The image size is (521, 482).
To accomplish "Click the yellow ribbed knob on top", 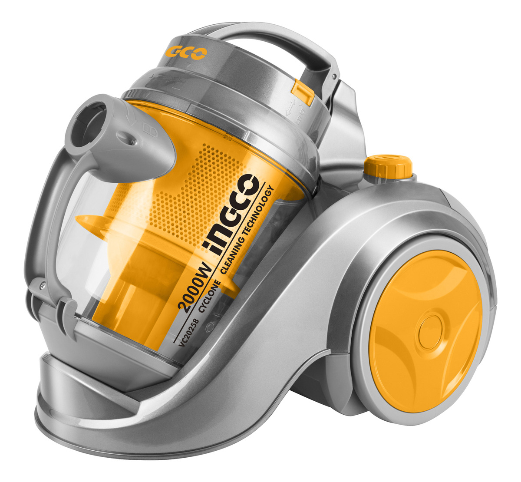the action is click(388, 165).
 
